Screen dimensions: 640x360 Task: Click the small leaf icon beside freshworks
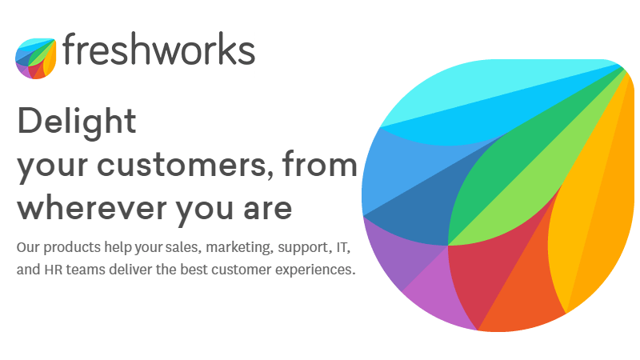[x=35, y=58]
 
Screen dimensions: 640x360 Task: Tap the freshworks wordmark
[x=158, y=49]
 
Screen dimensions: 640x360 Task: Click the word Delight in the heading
[x=77, y=122]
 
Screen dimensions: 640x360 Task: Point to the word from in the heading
[x=319, y=163]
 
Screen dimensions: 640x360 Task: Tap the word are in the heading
[x=268, y=209]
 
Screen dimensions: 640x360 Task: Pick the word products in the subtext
[x=72, y=248]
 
